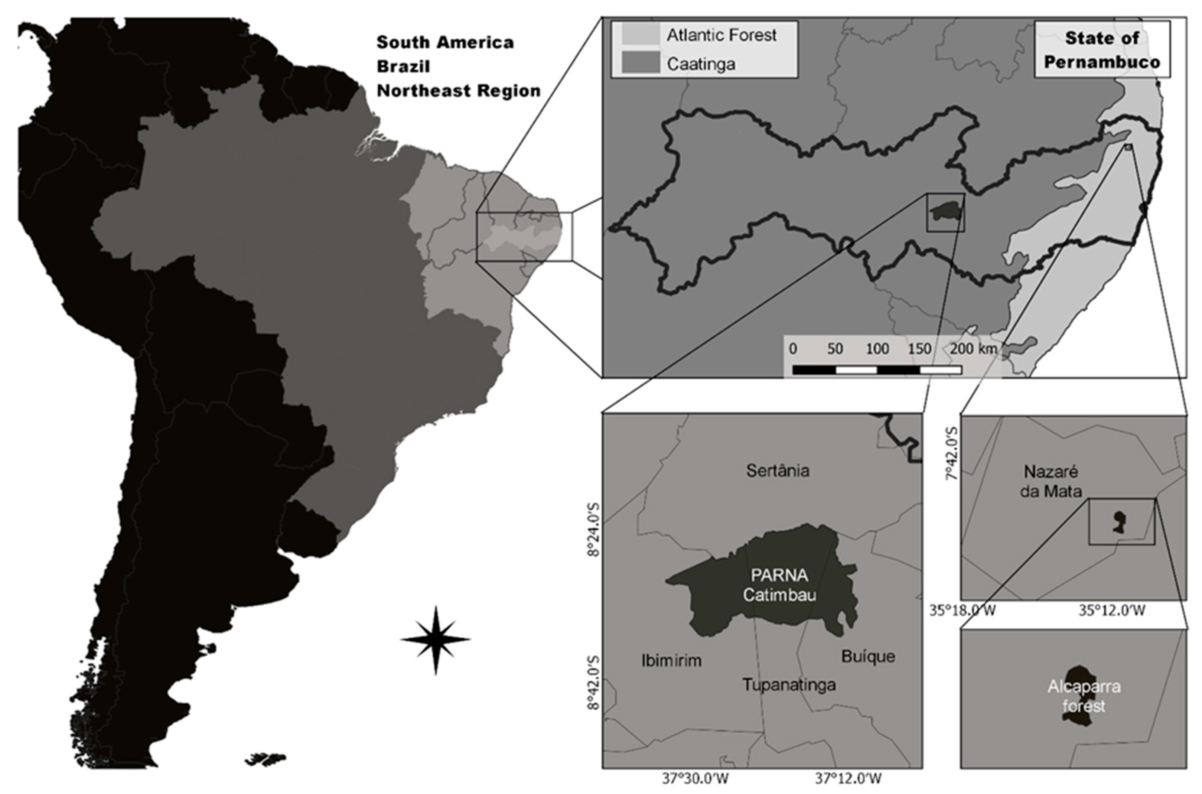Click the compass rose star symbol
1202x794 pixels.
click(436, 640)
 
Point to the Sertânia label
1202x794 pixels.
click(778, 471)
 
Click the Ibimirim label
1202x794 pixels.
click(671, 660)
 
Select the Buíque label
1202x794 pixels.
click(868, 656)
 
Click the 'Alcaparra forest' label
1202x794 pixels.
click(1084, 696)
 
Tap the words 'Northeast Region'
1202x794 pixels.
click(458, 91)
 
